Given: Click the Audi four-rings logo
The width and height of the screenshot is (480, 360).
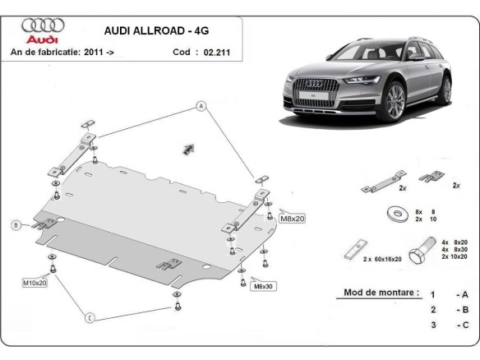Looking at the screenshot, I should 38,25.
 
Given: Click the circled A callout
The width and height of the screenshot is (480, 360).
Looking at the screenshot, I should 199,105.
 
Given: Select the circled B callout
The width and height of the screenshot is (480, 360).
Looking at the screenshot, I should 16,224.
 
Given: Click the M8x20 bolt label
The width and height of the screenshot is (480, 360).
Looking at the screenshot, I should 292,219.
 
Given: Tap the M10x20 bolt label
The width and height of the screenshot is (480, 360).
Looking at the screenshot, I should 35,282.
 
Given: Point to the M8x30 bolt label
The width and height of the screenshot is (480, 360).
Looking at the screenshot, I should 265,286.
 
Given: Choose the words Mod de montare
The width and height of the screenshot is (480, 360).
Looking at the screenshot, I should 376,293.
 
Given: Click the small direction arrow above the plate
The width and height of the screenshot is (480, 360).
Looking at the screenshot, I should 187,148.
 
